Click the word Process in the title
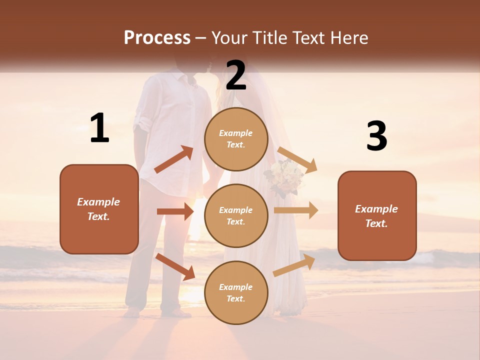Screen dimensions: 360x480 pos(157,37)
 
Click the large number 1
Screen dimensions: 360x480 pos(99,128)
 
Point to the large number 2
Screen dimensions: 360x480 pos(236,75)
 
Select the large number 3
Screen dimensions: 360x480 pos(376,136)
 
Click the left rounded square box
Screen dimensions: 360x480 pos(99,209)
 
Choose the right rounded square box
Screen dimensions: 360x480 pos(377,216)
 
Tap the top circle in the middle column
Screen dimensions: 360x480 pos(236,139)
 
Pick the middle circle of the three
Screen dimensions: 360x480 pos(236,216)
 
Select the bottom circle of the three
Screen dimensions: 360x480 pos(236,293)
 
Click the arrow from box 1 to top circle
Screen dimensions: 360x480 pos(174,159)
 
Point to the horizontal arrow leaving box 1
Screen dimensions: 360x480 pos(175,211)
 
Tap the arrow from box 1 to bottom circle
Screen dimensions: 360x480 pos(175,266)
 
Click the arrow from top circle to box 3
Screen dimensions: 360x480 pos(297,159)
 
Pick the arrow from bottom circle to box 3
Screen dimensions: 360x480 pos(294,265)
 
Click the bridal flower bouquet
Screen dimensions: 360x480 pos(284,178)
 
